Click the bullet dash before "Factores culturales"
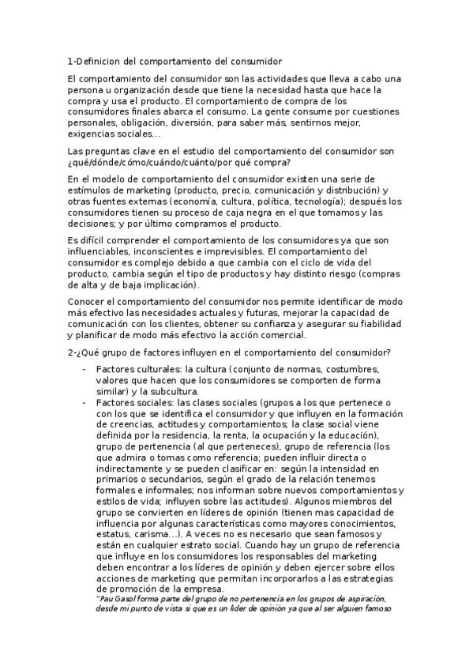click(x=84, y=369)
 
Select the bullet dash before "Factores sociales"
click(x=84, y=402)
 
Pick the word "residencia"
click(x=178, y=435)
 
